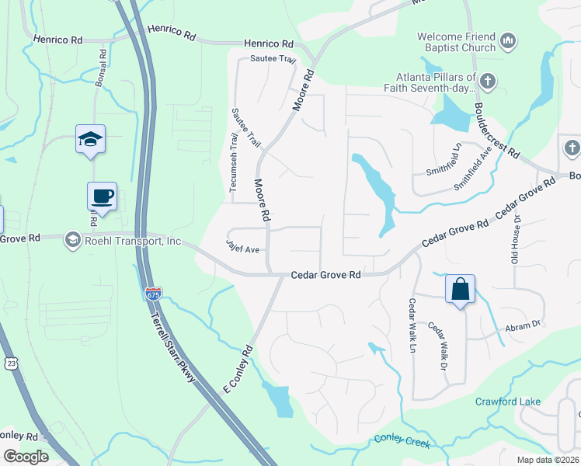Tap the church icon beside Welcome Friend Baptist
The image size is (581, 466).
(x=509, y=40)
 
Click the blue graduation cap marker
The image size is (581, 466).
(x=90, y=140)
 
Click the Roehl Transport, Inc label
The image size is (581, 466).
(x=134, y=241)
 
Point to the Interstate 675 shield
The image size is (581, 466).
(x=153, y=294)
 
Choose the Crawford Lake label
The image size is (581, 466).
(x=508, y=402)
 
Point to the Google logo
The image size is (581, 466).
(x=26, y=456)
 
